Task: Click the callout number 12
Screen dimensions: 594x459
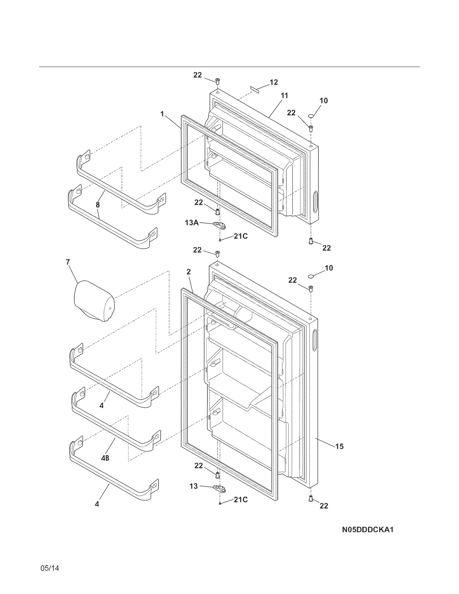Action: (274, 82)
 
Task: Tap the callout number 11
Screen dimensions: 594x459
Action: (284, 96)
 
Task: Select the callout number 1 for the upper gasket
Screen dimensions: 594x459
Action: (162, 114)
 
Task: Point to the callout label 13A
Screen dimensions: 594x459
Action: (192, 222)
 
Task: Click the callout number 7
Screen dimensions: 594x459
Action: (68, 262)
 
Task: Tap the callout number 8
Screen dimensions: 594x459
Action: (98, 205)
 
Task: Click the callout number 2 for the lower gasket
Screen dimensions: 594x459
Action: (188, 272)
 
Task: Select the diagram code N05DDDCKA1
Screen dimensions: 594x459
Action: (367, 529)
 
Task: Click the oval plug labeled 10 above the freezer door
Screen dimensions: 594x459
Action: (311, 116)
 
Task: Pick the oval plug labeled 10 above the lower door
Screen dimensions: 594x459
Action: (311, 276)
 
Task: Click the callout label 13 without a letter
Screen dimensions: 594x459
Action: (194, 486)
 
